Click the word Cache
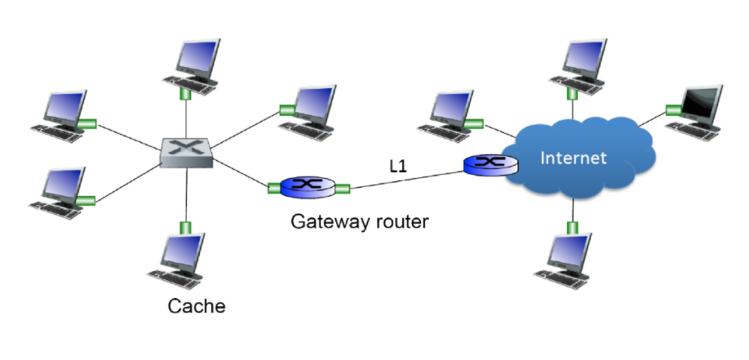(x=196, y=308)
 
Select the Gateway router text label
(x=360, y=221)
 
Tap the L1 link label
(x=399, y=167)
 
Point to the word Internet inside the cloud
(x=574, y=158)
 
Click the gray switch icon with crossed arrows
(x=186, y=152)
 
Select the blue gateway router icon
(x=308, y=188)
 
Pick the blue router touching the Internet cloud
(x=490, y=164)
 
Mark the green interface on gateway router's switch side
(x=274, y=189)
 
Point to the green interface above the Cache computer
(x=185, y=227)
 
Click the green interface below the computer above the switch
(x=186, y=93)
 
